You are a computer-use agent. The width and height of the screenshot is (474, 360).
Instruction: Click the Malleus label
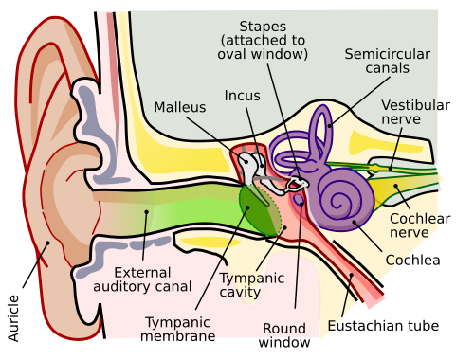coord(179,108)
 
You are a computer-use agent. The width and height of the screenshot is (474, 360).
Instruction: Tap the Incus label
coord(242,96)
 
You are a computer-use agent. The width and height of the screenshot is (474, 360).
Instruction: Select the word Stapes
coord(264,26)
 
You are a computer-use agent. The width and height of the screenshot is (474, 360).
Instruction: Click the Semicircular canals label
coord(387,61)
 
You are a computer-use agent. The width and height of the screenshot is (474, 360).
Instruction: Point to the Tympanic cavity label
coord(251,285)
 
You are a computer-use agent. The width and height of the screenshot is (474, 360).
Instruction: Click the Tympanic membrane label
coord(177,329)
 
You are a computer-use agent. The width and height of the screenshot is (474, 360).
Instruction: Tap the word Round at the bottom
coord(284,329)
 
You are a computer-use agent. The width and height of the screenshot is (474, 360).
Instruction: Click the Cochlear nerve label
coord(414,225)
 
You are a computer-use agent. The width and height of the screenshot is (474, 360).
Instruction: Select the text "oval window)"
coord(264,54)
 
